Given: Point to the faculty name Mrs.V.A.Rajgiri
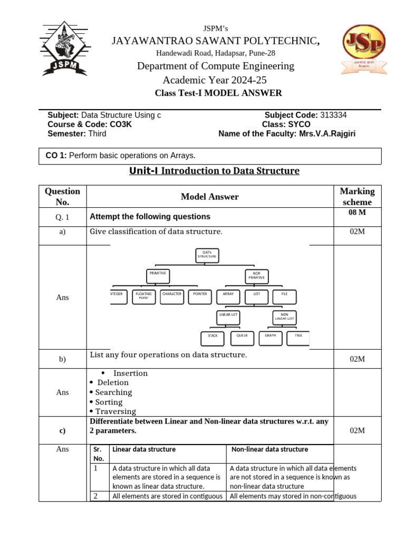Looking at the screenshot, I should tap(327, 133).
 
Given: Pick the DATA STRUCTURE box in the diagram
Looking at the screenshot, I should tap(207, 256).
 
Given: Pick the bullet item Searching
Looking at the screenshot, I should tap(113, 392).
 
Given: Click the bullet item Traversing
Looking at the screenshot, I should tap(115, 411).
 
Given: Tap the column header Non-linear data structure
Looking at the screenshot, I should tap(269, 449).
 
